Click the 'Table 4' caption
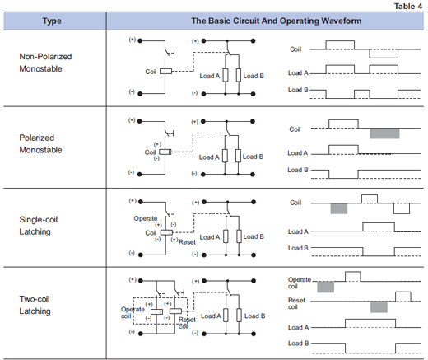click(x=408, y=6)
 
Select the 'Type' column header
click(x=52, y=21)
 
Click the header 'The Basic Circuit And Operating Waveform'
click(x=276, y=21)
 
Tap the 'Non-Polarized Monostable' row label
click(x=45, y=63)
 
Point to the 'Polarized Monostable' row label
click(x=40, y=143)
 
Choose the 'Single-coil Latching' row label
click(x=39, y=226)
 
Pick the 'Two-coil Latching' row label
click(x=35, y=305)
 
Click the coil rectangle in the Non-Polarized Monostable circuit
click(x=165, y=71)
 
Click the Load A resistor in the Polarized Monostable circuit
click(x=225, y=156)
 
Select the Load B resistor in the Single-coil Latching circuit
click(x=239, y=236)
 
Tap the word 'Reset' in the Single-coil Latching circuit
click(x=187, y=242)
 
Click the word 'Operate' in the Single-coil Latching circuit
click(x=146, y=218)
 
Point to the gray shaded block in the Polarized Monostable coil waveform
click(x=384, y=133)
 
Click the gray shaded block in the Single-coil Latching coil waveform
click(x=339, y=208)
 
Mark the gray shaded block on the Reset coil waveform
click(x=379, y=307)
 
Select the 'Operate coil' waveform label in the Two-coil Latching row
click(x=300, y=283)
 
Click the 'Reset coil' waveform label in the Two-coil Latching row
click(x=296, y=303)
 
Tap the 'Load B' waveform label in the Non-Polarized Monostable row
click(x=298, y=90)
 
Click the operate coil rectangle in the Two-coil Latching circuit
click(x=156, y=311)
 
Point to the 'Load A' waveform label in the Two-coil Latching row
click(x=298, y=327)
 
